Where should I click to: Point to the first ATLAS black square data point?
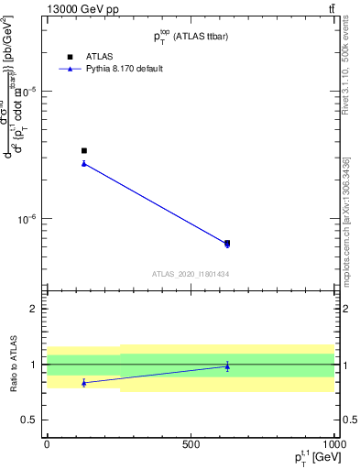(84, 150)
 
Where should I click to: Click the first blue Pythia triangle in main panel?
(84, 163)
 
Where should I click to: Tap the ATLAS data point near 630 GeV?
(227, 243)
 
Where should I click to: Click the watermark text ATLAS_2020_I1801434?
(191, 274)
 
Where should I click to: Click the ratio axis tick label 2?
(33, 309)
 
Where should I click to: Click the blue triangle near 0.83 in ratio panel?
(84, 383)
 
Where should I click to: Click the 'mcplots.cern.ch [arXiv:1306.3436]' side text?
(350, 215)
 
